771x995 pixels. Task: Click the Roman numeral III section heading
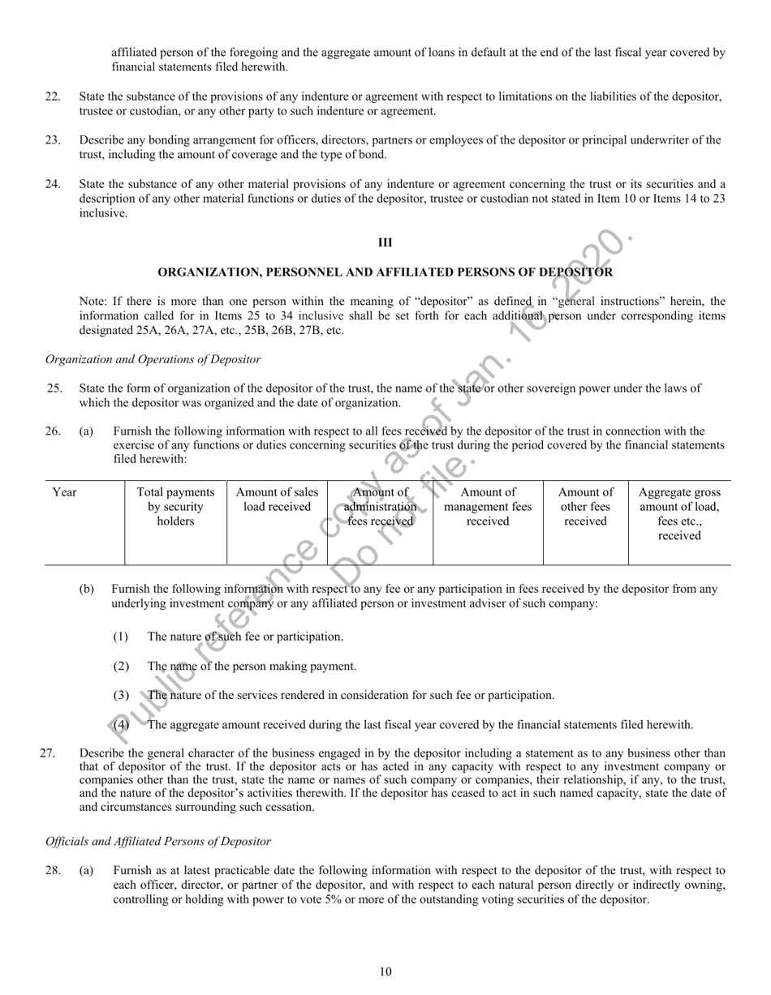pos(385,242)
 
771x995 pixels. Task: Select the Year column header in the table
pos(64,492)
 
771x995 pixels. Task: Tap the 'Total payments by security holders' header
pos(175,507)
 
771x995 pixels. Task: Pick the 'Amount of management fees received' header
pos(488,507)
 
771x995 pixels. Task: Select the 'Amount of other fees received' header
pos(585,507)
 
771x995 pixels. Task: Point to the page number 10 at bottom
pos(385,972)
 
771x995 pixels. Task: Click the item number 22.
pos(53,97)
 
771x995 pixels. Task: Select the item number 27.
pos(48,753)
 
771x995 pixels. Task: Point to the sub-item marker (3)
pos(121,696)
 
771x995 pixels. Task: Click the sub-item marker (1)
pos(121,637)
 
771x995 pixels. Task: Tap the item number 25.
pos(54,388)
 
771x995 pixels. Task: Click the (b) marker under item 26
pos(87,590)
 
